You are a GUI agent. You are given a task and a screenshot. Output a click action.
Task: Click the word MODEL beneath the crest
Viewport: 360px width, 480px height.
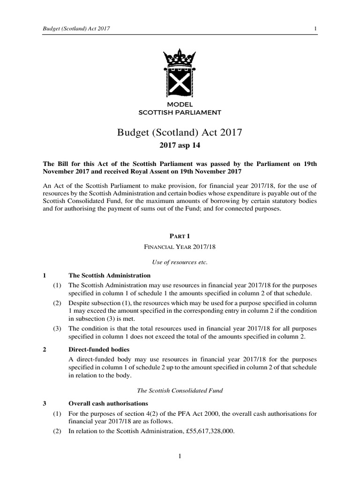(x=180, y=104)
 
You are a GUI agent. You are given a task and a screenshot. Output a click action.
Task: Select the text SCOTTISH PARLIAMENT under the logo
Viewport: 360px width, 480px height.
(x=180, y=112)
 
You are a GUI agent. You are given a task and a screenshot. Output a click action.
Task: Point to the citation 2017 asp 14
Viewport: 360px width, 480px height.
(x=180, y=146)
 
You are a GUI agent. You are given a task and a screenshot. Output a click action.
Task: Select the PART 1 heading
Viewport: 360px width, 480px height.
(x=180, y=236)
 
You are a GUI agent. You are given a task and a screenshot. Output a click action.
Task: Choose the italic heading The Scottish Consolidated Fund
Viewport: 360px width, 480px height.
(x=180, y=390)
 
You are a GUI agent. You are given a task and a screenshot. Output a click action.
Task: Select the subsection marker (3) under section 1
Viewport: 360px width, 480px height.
(x=57, y=328)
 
